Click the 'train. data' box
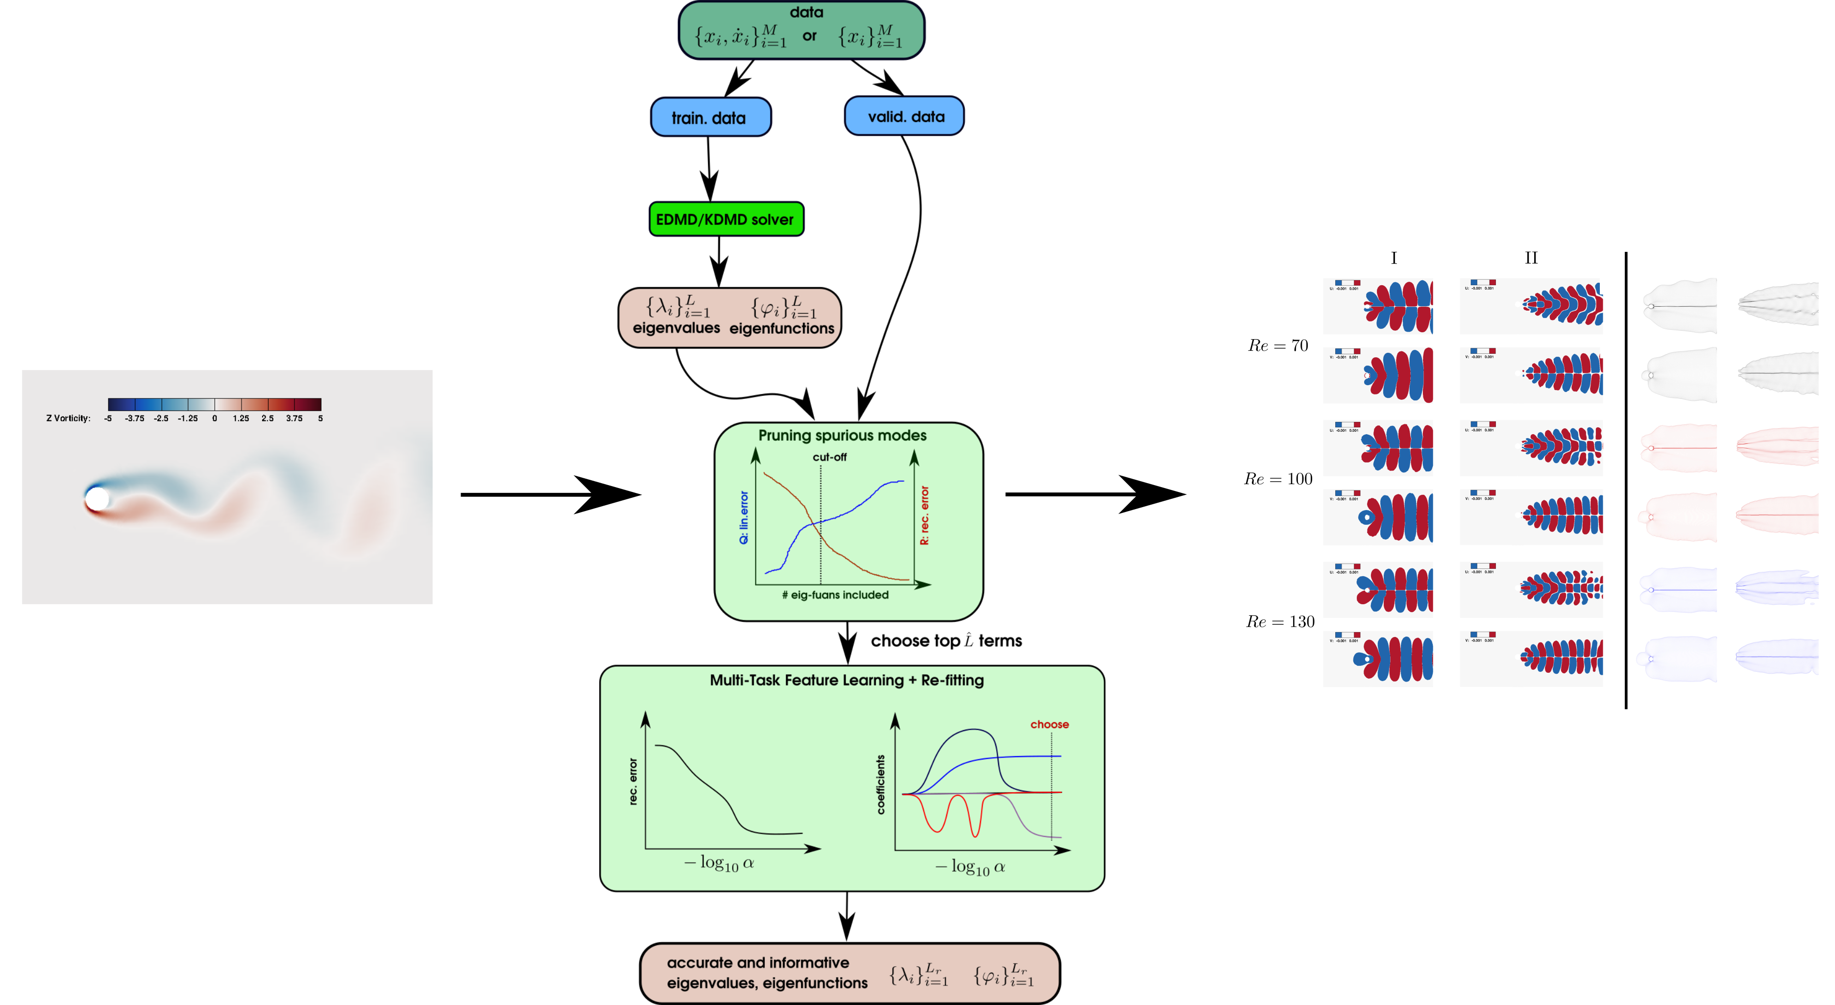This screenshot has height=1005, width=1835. pyautogui.click(x=710, y=118)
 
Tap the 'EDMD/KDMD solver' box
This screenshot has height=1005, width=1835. pyautogui.click(x=725, y=220)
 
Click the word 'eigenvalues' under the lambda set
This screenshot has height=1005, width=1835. pyautogui.click(x=676, y=328)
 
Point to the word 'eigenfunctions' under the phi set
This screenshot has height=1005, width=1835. pyautogui.click(x=782, y=328)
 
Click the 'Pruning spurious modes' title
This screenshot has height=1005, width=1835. pyautogui.click(x=842, y=435)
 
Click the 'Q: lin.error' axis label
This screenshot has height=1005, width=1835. pyautogui.click(x=744, y=517)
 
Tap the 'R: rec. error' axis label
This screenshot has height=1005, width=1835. pyautogui.click(x=925, y=515)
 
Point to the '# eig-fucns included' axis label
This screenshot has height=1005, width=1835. pyautogui.click(x=835, y=595)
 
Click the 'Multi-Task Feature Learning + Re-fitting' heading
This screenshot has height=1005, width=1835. pyautogui.click(x=846, y=680)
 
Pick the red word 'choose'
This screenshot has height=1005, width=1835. pyautogui.click(x=1049, y=724)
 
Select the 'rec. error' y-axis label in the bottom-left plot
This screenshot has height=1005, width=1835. pyautogui.click(x=633, y=782)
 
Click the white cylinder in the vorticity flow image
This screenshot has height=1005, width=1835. pyautogui.click(x=98, y=499)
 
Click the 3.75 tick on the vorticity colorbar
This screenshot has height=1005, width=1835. pyautogui.click(x=294, y=418)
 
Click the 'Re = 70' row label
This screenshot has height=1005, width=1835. pyautogui.click(x=1278, y=345)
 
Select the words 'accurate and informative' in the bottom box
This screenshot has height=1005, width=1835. pyautogui.click(x=758, y=963)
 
